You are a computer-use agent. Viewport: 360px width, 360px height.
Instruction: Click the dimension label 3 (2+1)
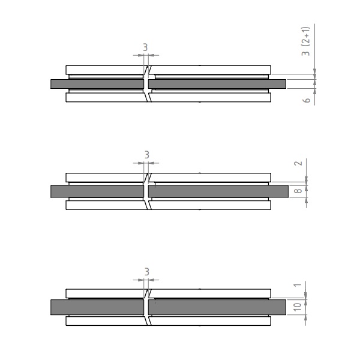306,41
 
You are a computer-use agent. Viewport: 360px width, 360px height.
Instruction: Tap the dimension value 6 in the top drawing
307,100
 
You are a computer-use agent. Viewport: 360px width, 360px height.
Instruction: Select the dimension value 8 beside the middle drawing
298,191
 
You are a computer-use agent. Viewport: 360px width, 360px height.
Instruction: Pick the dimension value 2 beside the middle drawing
298,163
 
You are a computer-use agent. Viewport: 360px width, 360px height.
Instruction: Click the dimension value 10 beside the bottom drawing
298,307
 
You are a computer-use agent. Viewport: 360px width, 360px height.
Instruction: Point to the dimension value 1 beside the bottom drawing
298,285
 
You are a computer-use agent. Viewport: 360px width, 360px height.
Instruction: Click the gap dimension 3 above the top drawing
145,47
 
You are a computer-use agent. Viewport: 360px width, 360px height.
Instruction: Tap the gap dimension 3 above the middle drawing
147,155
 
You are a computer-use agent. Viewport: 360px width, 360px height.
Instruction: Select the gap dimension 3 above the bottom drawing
147,272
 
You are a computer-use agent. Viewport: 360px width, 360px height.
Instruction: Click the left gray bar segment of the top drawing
97,84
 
